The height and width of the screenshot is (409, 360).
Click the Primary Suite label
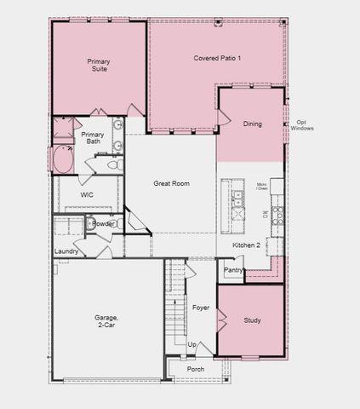point(100,65)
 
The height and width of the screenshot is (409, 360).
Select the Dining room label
point(252,124)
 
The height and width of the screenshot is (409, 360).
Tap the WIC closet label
point(87,195)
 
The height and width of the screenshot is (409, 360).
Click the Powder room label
point(103,224)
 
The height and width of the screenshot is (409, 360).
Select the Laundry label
point(66,251)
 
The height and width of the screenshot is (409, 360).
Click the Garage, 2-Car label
point(106,320)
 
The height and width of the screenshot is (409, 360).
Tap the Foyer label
point(201,308)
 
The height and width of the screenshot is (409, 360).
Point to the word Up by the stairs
point(191,345)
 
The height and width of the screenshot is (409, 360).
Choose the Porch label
point(196,369)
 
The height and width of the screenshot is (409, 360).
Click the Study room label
point(252,321)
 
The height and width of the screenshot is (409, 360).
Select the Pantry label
point(233,270)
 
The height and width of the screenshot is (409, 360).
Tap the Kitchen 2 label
point(247,245)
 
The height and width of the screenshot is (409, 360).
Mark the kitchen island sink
point(237,199)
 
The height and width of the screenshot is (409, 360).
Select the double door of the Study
point(221,321)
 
